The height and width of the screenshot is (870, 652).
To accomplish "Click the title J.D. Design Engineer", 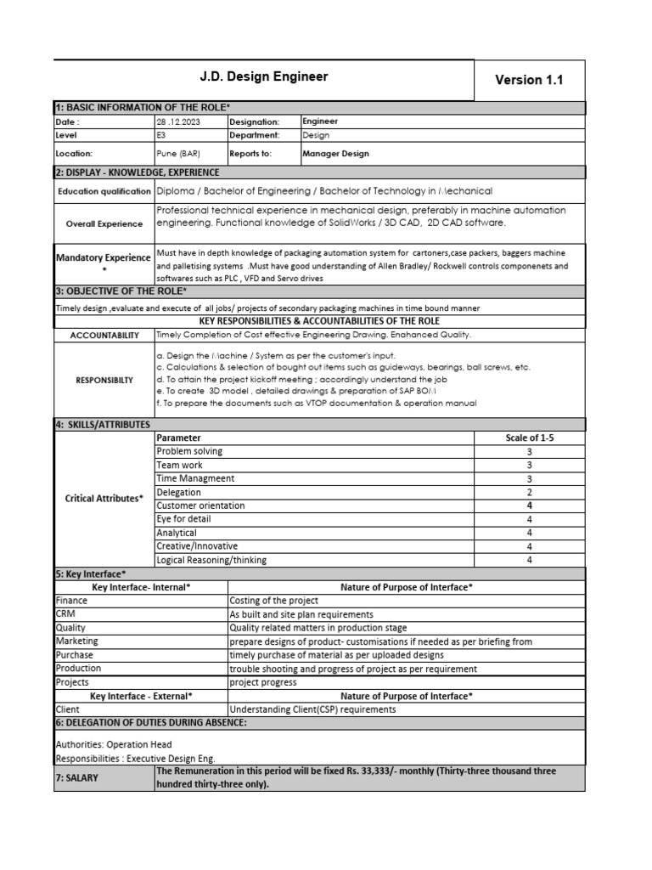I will click(263, 77).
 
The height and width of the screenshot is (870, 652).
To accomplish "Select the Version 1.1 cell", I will click(529, 80).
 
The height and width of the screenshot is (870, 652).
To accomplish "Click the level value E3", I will click(162, 135).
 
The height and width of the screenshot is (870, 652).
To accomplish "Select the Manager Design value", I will click(336, 154).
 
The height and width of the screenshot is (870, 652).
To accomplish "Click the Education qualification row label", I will click(104, 191).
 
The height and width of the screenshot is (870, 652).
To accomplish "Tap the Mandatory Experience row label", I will click(104, 262).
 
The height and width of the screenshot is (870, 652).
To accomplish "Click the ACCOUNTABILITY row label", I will click(104, 336).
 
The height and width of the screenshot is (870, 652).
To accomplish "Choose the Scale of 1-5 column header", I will click(529, 438).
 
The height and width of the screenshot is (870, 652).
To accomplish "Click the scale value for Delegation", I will click(529, 492).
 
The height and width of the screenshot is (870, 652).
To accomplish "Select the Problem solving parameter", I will click(190, 451).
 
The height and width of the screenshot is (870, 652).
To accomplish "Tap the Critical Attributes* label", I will click(104, 499).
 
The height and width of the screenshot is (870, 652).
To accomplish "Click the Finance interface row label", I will click(71, 600).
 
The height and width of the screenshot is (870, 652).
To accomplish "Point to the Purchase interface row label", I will click(75, 655).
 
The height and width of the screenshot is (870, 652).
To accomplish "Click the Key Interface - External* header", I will click(141, 695).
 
